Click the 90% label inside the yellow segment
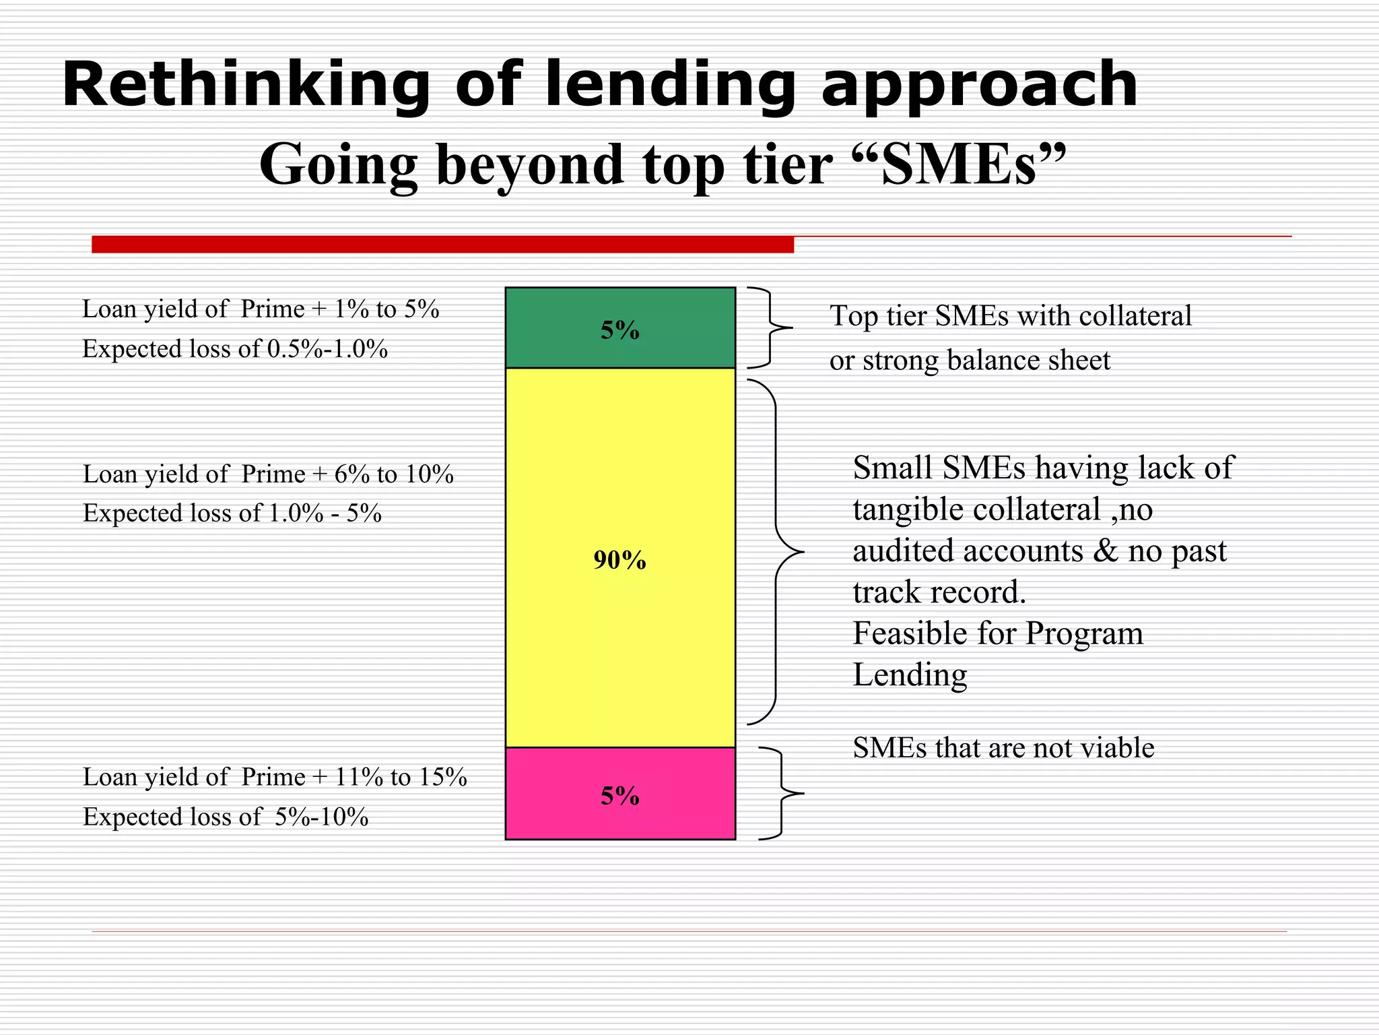coord(619,560)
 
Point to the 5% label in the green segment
coord(619,330)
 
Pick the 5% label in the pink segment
coord(619,796)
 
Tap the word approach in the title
coord(980,86)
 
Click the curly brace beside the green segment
coord(770,327)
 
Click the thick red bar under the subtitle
coord(442,245)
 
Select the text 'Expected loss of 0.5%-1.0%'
coord(235,349)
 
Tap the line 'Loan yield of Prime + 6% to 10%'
coord(268,474)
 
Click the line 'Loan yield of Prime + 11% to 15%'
coord(275,777)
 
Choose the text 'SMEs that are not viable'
coord(1003,748)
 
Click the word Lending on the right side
coord(910,675)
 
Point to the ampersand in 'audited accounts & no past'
coord(1104,551)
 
